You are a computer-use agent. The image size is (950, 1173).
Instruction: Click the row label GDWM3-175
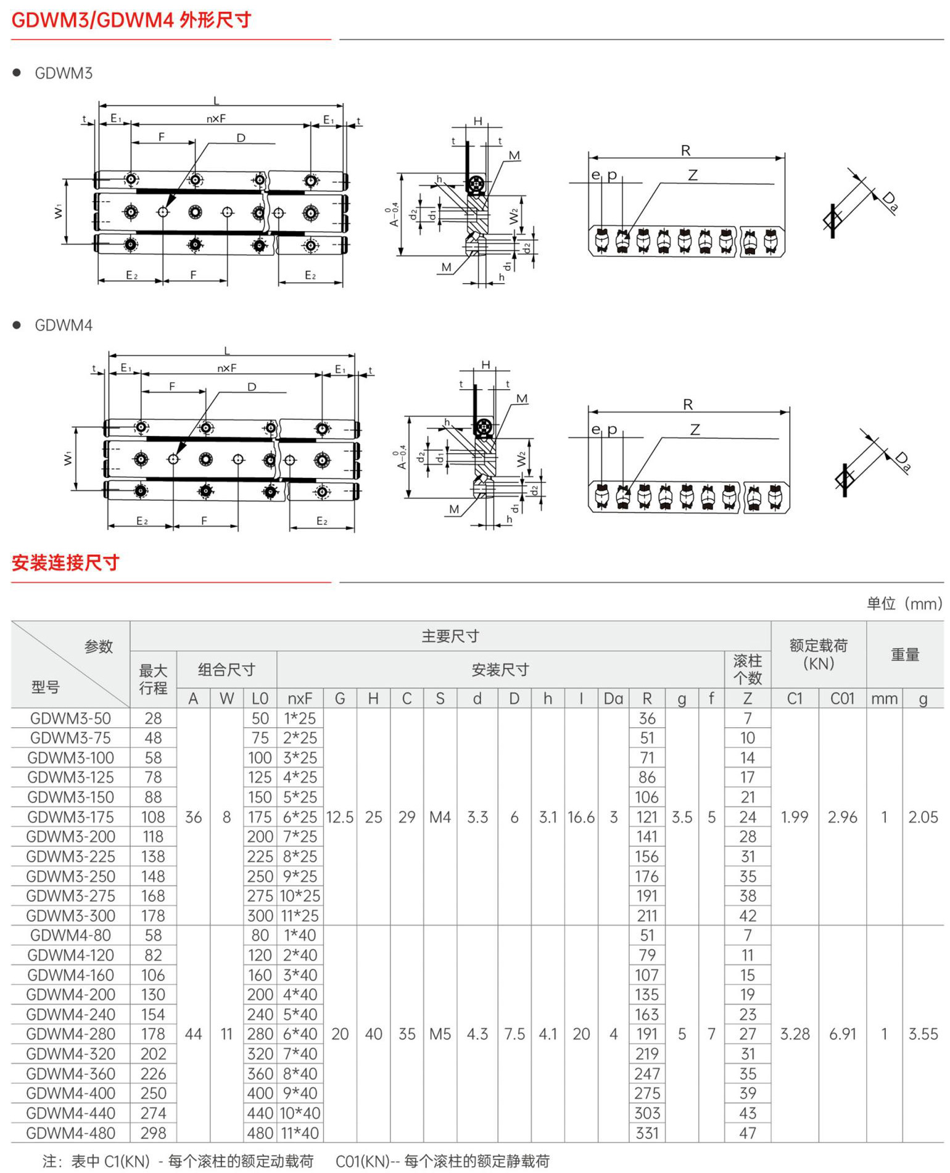70,817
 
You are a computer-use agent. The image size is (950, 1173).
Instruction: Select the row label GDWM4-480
70,1133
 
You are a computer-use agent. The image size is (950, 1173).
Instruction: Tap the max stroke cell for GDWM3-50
153,718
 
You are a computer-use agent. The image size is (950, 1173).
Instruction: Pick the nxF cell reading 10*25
300,895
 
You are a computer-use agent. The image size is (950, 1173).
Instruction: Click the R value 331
647,1133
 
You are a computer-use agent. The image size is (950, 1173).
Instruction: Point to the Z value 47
748,1133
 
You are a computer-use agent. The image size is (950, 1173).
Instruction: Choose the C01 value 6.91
843,1034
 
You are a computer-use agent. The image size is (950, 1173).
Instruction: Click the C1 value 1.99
795,817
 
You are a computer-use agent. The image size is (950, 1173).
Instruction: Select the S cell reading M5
440,1034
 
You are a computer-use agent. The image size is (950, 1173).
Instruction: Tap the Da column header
613,698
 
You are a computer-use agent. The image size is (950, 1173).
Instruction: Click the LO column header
260,698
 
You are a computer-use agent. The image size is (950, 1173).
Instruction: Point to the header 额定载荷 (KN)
819,654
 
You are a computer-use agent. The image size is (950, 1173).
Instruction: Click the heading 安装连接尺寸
65,562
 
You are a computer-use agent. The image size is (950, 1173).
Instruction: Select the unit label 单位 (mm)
904,603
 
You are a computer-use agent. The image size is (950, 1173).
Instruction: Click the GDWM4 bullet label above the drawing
64,325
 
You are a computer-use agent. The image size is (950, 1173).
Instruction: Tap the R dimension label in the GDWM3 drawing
686,150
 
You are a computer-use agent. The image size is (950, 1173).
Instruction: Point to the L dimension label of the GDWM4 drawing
227,350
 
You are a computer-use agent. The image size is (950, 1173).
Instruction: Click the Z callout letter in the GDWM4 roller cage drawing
695,429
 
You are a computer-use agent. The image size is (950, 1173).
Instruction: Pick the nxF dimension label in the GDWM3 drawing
216,118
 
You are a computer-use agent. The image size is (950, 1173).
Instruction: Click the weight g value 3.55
923,1034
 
